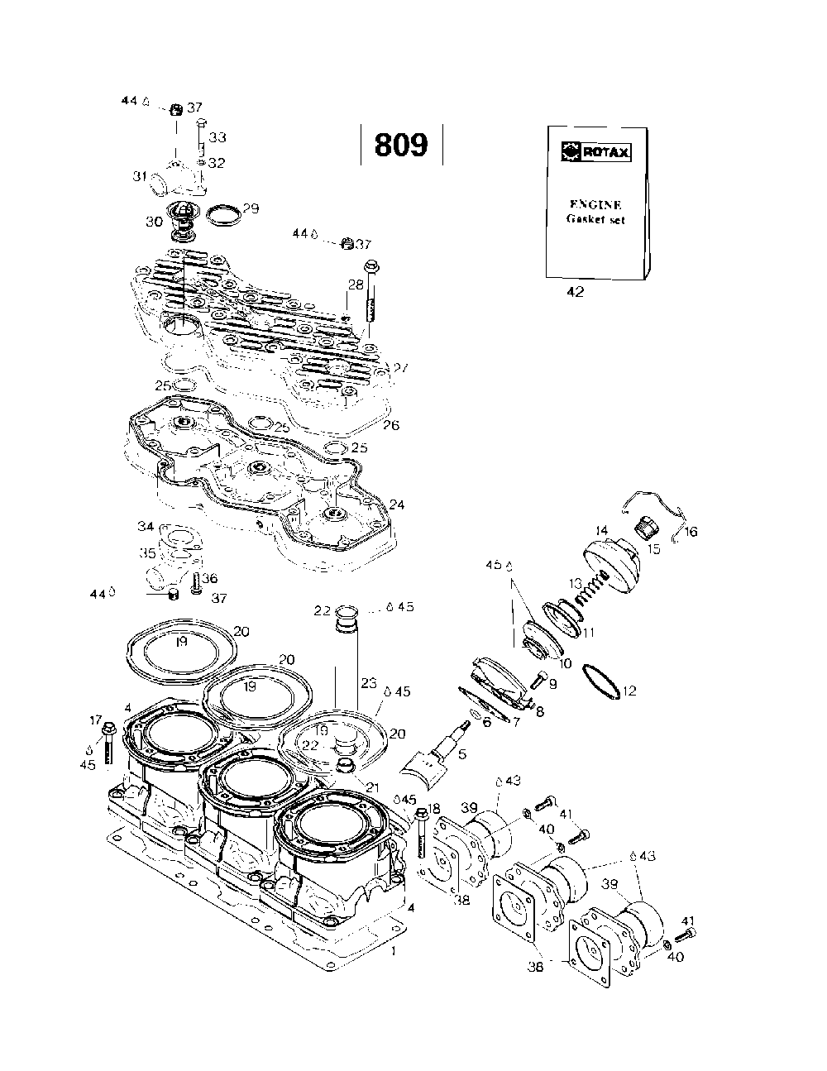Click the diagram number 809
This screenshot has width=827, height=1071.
coord(401,145)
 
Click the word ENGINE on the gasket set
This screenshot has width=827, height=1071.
coord(596,204)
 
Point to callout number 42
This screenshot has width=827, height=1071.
coord(574,292)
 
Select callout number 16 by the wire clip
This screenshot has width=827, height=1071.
coord(691,532)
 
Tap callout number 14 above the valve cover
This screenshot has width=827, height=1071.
coord(601,530)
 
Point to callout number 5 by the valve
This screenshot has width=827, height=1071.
coord(462,753)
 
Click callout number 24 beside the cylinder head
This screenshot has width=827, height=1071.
coord(397,504)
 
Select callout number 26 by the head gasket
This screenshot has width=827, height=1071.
coord(391,425)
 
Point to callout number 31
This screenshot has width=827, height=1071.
coord(141,175)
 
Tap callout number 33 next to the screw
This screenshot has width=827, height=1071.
coord(218,136)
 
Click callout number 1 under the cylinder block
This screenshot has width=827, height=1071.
coord(393,951)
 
